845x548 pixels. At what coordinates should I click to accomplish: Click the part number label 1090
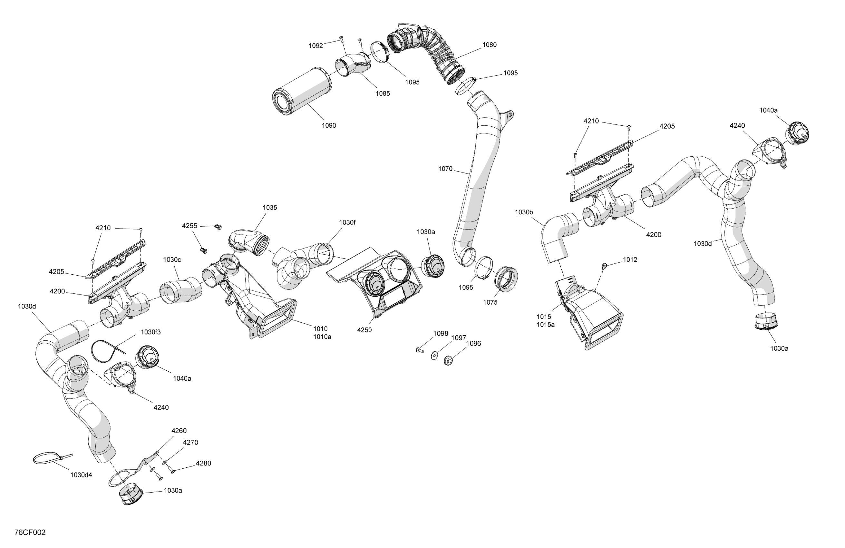(x=328, y=125)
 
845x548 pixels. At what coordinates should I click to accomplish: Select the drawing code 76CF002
(x=30, y=533)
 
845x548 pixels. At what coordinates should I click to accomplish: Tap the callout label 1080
(x=489, y=45)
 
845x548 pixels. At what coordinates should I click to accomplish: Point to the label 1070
(x=445, y=169)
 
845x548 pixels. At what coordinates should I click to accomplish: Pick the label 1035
(x=269, y=207)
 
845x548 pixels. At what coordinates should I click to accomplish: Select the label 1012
(x=630, y=259)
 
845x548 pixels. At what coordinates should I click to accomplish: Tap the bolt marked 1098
(x=419, y=350)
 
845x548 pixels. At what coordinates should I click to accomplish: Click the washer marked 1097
(x=434, y=355)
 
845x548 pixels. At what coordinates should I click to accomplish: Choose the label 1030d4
(x=81, y=475)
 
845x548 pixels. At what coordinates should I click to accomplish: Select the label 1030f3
(x=151, y=332)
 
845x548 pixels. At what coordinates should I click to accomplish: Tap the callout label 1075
(x=490, y=302)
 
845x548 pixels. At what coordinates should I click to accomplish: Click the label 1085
(x=383, y=93)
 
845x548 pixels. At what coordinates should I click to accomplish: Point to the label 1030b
(x=524, y=212)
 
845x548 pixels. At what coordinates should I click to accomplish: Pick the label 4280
(x=203, y=463)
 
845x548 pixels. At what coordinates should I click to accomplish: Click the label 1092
(x=316, y=45)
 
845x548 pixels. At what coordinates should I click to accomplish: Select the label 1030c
(x=172, y=259)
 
